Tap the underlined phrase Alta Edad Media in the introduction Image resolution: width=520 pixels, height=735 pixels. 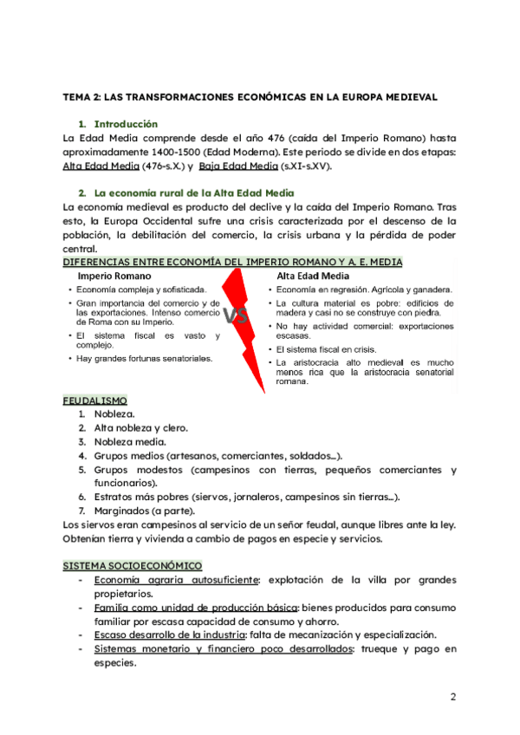pos(101,166)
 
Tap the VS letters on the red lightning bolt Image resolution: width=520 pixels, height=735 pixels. pos(236,315)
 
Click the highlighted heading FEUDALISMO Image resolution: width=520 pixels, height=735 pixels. pos(95,400)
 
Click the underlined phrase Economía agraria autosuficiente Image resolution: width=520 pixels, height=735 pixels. pos(177,579)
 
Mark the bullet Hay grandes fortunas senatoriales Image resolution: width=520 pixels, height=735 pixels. pos(144,358)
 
